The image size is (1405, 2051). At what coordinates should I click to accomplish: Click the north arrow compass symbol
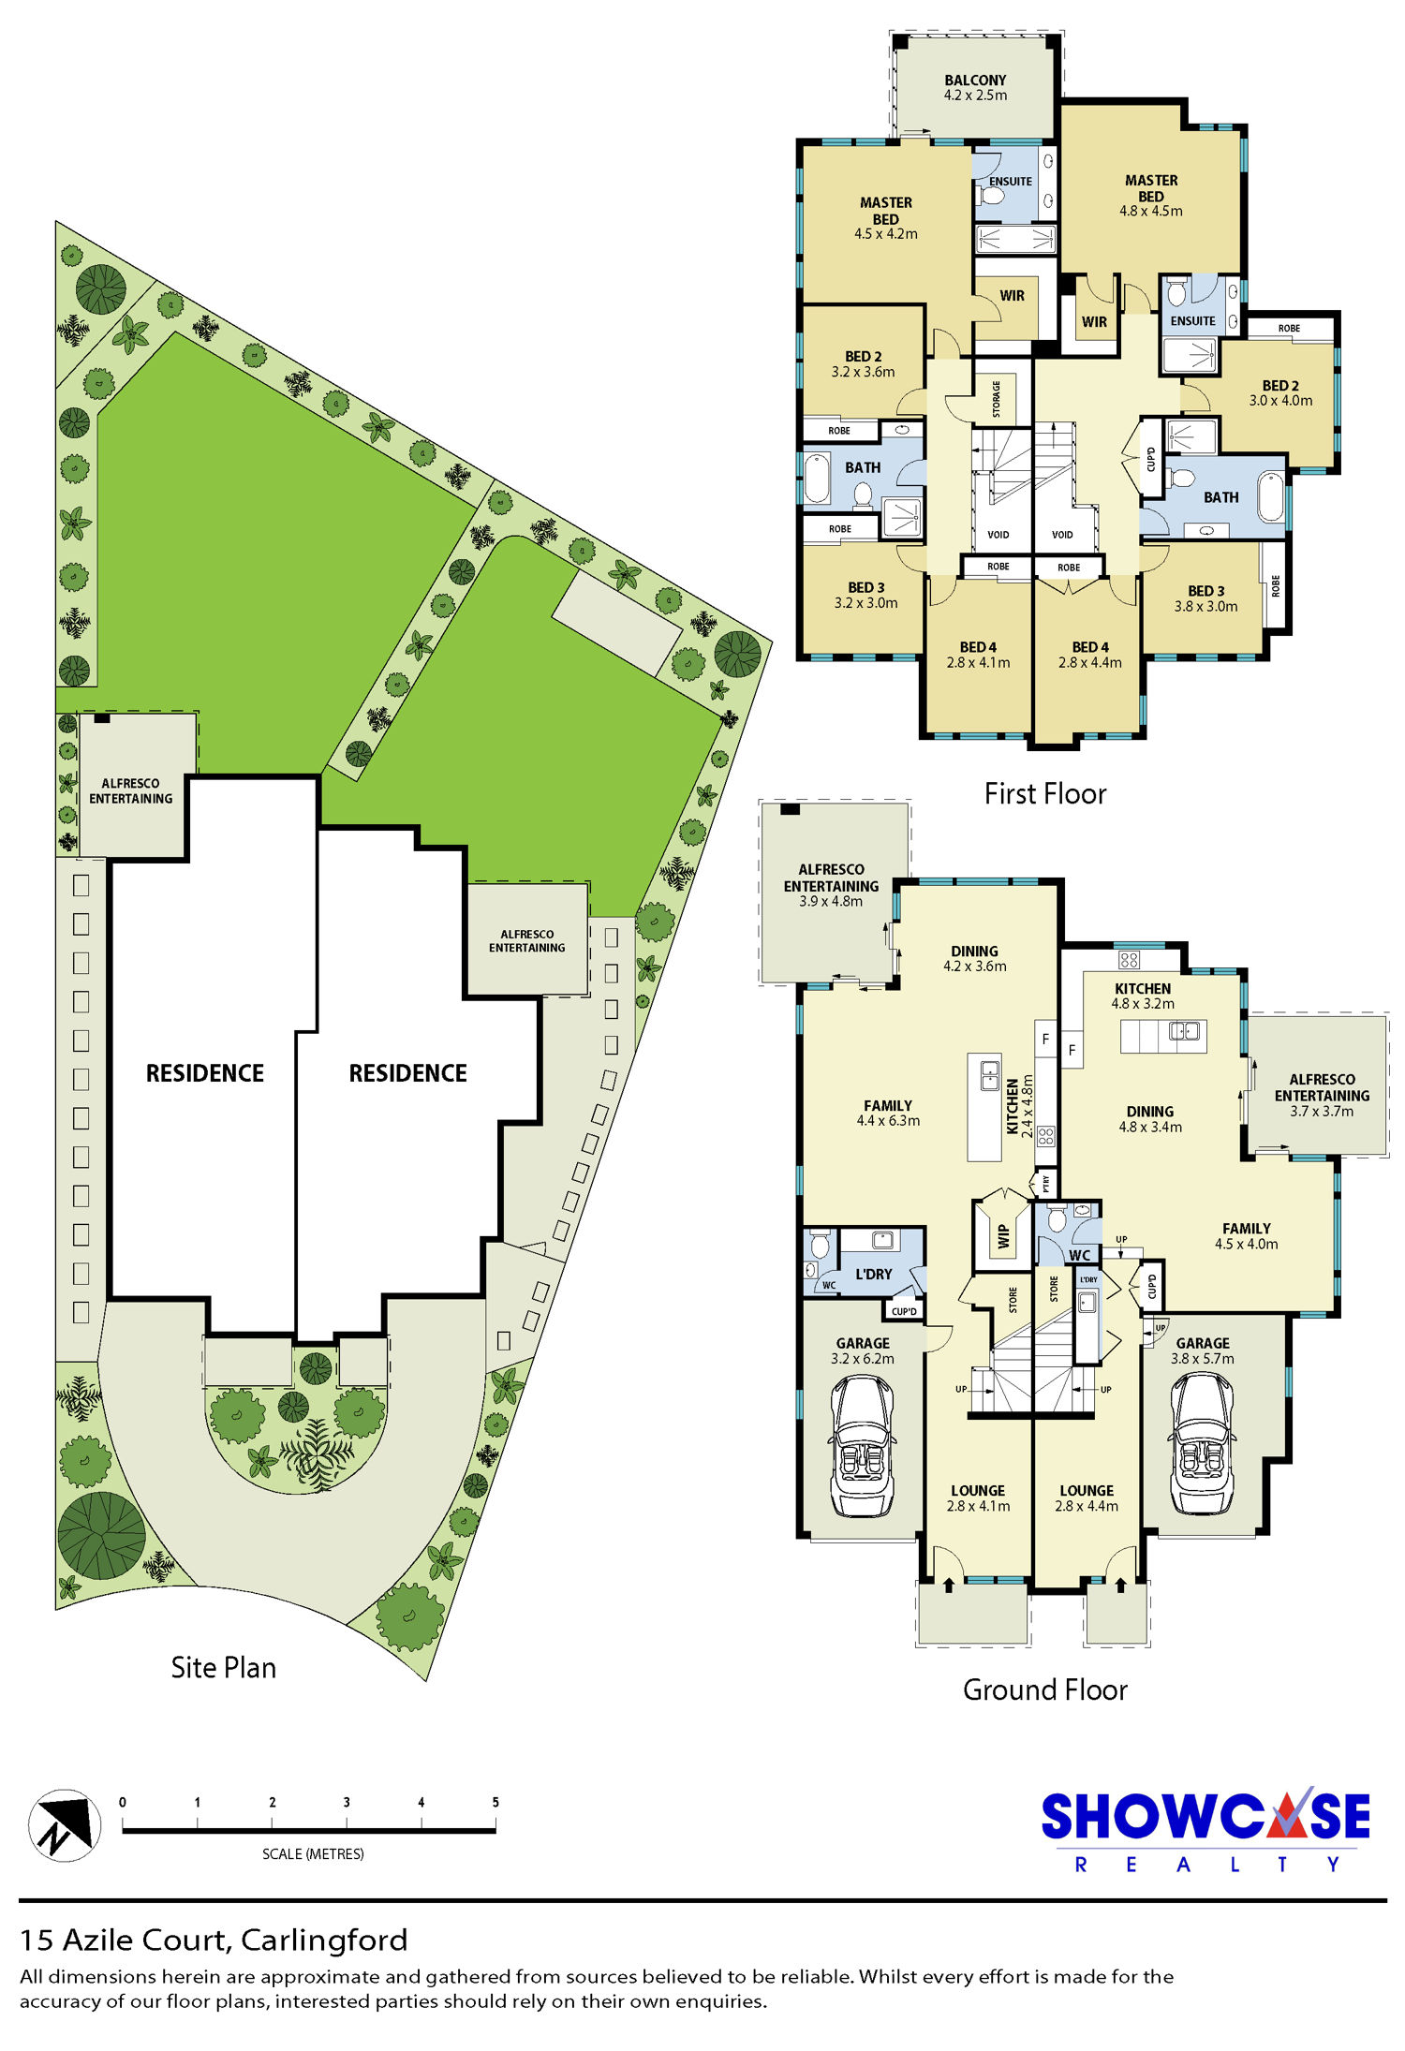tap(64, 1825)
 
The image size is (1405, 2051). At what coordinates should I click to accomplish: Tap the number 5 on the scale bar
tap(495, 1802)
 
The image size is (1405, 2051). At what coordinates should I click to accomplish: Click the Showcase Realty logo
tap(1205, 1830)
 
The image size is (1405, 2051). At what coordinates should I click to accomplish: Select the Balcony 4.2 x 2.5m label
tap(975, 88)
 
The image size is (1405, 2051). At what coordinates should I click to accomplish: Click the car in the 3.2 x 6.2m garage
tap(863, 1445)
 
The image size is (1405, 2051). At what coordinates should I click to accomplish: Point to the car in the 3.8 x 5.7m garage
tap(1202, 1442)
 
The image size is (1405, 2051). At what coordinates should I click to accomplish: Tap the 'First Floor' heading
tap(1045, 794)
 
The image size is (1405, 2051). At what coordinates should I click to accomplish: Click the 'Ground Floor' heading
tap(1045, 1689)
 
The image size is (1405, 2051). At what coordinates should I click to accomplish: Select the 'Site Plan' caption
tap(223, 1667)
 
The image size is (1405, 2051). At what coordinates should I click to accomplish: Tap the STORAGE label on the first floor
tap(997, 399)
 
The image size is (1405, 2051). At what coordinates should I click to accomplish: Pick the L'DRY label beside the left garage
tap(874, 1274)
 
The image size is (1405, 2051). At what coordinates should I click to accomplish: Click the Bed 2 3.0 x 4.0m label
tap(1280, 393)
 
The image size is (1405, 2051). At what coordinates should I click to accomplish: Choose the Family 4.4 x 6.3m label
tap(888, 1113)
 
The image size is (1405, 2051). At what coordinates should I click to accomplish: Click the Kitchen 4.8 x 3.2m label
tap(1143, 996)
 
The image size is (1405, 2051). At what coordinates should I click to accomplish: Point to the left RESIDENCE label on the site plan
tap(205, 1073)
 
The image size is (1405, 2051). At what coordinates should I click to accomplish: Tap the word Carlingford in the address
tap(324, 1940)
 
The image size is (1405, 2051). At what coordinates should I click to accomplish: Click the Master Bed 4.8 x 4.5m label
tap(1151, 195)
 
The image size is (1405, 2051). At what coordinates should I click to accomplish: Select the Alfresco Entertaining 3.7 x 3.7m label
tap(1322, 1095)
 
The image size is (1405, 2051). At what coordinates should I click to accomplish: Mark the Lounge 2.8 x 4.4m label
tap(1087, 1498)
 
